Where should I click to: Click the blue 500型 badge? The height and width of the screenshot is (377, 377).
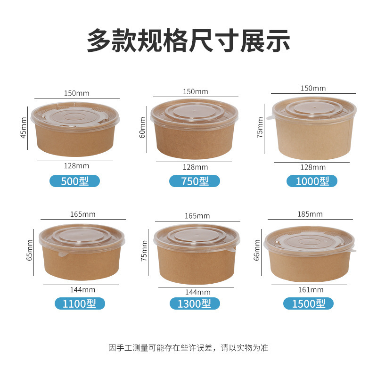click(74, 181)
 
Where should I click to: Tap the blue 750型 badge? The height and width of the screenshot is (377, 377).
click(195, 181)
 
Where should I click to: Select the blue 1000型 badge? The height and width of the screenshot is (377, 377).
click(312, 181)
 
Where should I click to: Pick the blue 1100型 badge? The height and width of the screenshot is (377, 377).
click(80, 303)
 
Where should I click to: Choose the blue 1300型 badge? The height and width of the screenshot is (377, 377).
click(195, 303)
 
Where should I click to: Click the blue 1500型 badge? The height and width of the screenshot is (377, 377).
click(308, 303)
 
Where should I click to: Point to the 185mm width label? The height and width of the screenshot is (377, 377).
click(310, 214)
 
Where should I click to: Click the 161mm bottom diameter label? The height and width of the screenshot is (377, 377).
click(311, 290)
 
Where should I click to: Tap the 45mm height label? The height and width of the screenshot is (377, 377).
click(23, 128)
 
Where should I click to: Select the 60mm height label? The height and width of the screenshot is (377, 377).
click(142, 127)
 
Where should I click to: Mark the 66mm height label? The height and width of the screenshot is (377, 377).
click(257, 250)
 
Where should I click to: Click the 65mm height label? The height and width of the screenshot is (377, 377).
click(29, 250)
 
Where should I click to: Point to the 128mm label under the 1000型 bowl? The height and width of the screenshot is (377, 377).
click(313, 167)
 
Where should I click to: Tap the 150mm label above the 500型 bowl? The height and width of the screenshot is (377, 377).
click(76, 93)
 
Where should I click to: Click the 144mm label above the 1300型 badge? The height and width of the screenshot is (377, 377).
click(197, 292)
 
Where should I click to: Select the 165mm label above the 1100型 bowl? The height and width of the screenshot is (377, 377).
click(83, 214)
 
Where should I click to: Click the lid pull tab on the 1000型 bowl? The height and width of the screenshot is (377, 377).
click(270, 117)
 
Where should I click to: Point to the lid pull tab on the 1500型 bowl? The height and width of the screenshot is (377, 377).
click(352, 251)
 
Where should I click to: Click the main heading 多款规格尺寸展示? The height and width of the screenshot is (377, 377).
click(188, 40)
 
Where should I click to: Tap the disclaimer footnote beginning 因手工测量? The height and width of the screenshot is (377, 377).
click(188, 348)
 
